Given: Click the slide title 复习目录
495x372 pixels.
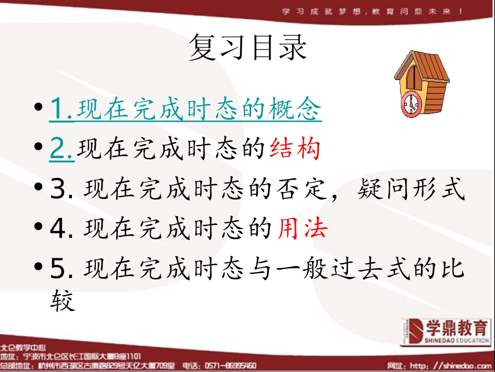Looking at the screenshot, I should [x=247, y=47].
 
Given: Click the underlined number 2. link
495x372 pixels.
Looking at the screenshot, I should [x=62, y=150].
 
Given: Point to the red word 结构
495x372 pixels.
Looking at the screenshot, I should [x=294, y=150].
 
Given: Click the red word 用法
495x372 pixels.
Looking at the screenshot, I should [x=302, y=228].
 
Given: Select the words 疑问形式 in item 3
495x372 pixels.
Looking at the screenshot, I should [x=411, y=189].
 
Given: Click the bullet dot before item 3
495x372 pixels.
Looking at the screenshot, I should [x=38, y=189].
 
